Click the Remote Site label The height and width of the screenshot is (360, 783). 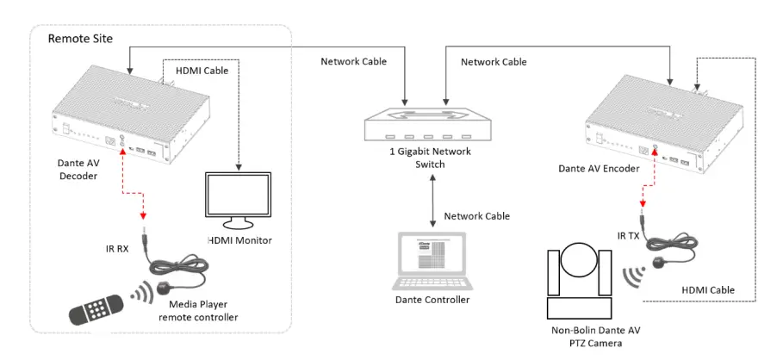(80, 39)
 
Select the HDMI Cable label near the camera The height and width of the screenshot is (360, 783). (705, 290)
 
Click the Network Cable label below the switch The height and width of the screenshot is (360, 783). (475, 215)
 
